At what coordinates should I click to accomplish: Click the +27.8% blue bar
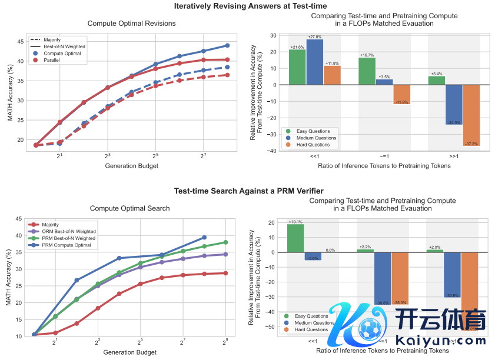[315, 62]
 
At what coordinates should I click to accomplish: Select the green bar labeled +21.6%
[297, 67]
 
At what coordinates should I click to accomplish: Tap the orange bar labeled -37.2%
[471, 115]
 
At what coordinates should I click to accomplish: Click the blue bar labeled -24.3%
[454, 105]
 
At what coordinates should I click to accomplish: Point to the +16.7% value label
[367, 55]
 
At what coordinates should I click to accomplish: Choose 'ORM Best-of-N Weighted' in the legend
[68, 231]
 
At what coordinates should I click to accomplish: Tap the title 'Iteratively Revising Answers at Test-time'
[247, 6]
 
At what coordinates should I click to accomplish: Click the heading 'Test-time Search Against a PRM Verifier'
[247, 191]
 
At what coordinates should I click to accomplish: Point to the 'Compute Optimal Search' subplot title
[130, 208]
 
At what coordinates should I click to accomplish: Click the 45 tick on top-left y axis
[20, 41]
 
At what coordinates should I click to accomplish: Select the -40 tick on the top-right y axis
[273, 151]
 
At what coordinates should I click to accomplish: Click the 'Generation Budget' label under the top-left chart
[130, 165]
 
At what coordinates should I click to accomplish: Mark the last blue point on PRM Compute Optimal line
[204, 237]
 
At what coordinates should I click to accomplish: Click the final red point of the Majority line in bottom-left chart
[225, 273]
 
